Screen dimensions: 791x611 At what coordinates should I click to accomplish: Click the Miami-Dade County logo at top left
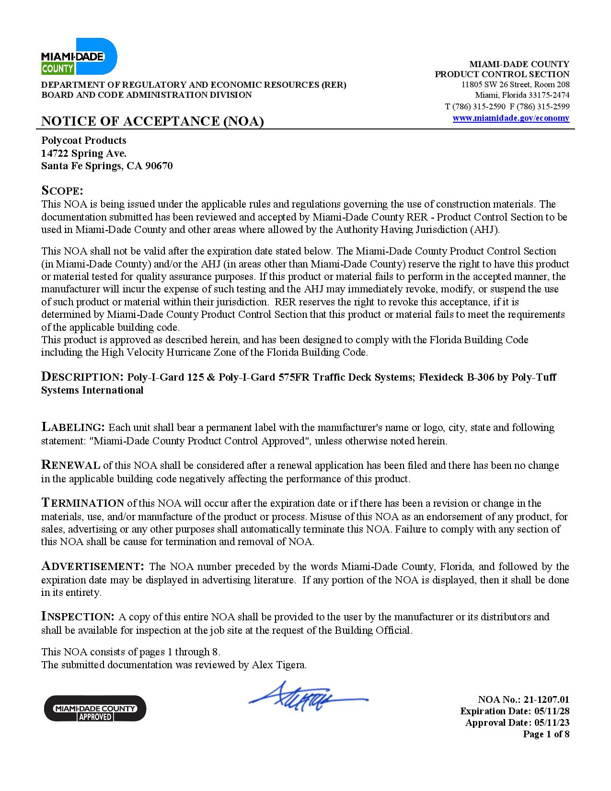coord(79,57)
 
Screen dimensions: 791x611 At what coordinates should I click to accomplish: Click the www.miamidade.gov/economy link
coord(511,118)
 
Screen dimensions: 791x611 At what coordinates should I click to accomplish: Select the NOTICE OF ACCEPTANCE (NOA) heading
coord(152,121)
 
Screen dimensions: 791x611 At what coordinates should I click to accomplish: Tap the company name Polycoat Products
coord(84,140)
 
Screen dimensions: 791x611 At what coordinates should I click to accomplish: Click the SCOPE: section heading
coord(62,190)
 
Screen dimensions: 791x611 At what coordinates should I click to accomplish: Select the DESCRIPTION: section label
coord(82,377)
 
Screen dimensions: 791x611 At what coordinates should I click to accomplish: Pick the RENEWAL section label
coord(70,465)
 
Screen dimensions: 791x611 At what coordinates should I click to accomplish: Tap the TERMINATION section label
coord(82,503)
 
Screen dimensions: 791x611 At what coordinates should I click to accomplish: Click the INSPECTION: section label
coord(78,617)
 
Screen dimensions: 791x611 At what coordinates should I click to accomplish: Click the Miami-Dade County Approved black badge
coord(95,708)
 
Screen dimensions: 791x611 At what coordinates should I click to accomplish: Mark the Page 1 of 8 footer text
coord(546,734)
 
